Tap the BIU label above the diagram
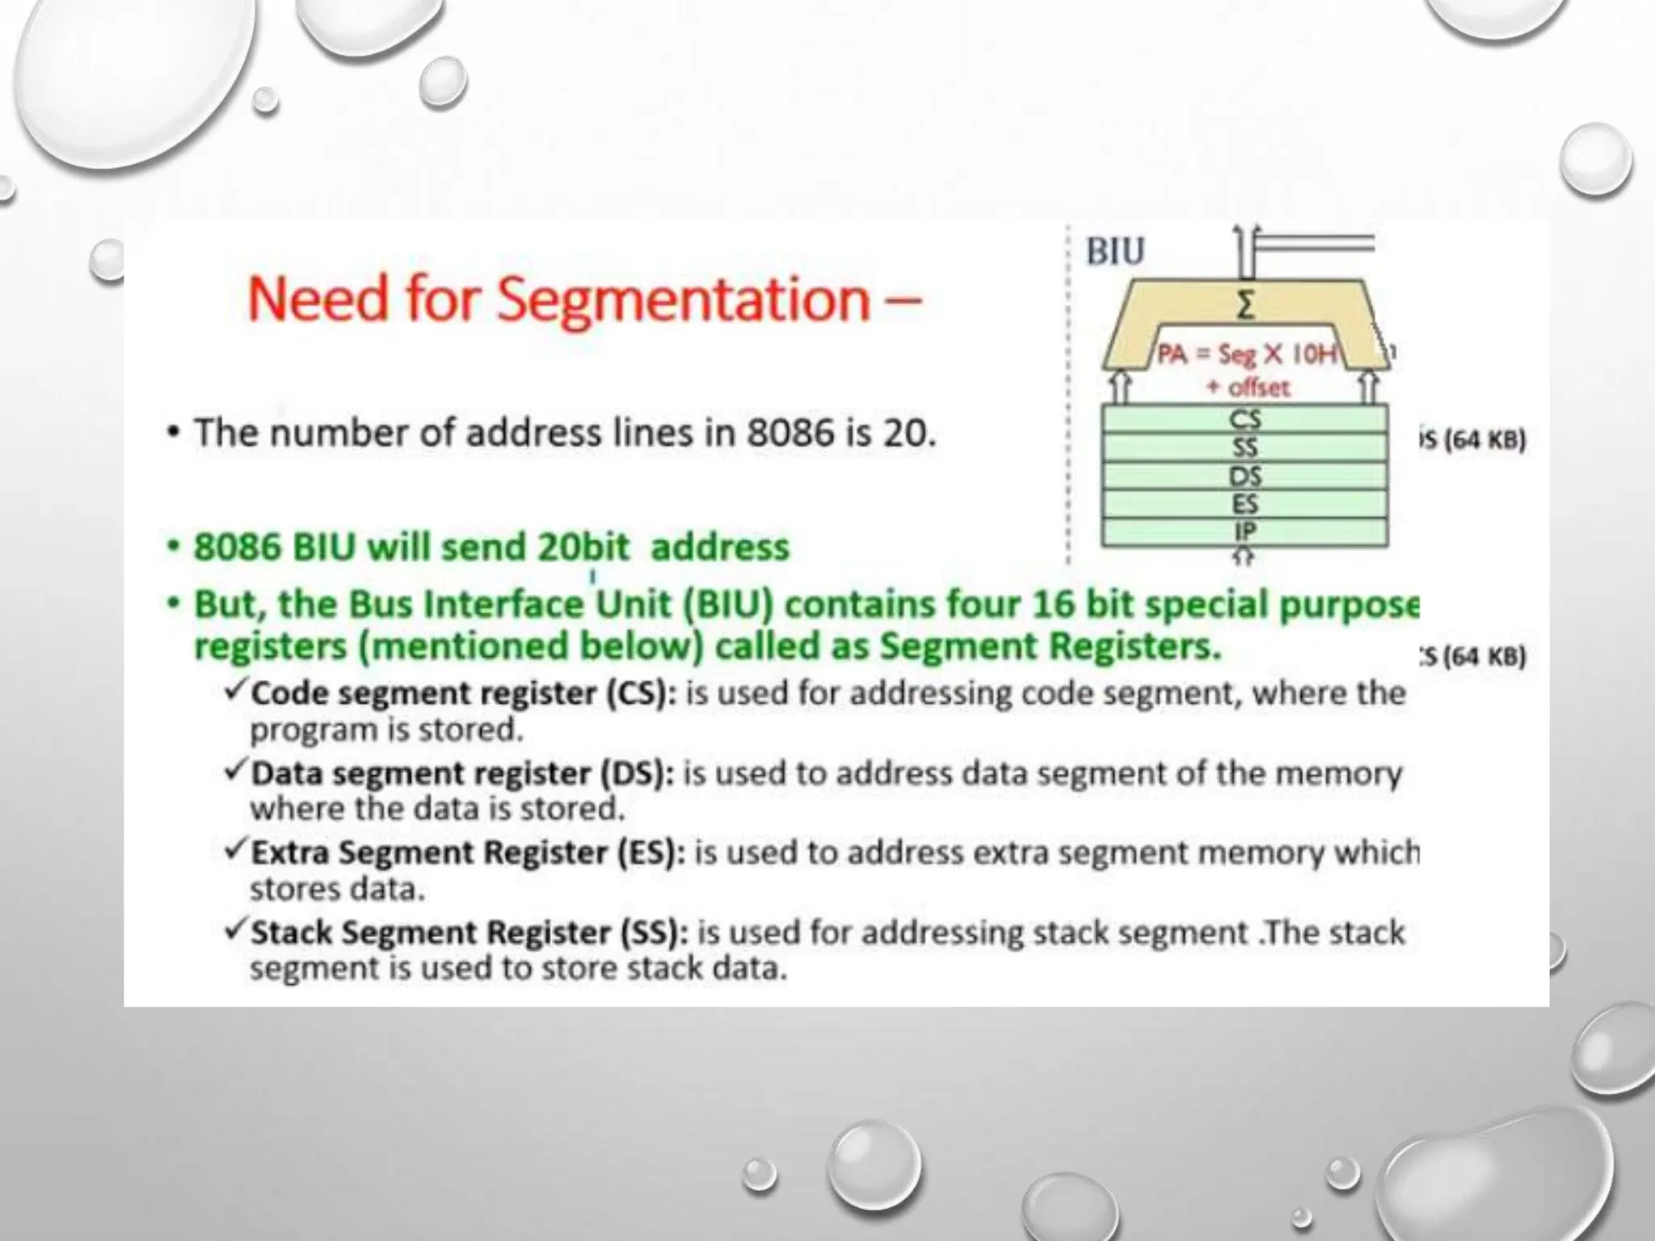click(x=1115, y=251)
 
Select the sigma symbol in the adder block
click(x=1246, y=306)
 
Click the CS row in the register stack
click(x=1244, y=419)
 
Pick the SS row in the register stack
click(x=1244, y=448)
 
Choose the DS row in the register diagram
click(x=1244, y=476)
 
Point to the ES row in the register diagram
click(x=1244, y=504)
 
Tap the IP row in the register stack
click(x=1244, y=532)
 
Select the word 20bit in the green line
click(x=583, y=547)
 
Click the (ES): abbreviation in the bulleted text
click(x=646, y=853)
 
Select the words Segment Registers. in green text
click(x=1050, y=646)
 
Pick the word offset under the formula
click(x=1258, y=388)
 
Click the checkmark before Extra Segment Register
click(x=235, y=850)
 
